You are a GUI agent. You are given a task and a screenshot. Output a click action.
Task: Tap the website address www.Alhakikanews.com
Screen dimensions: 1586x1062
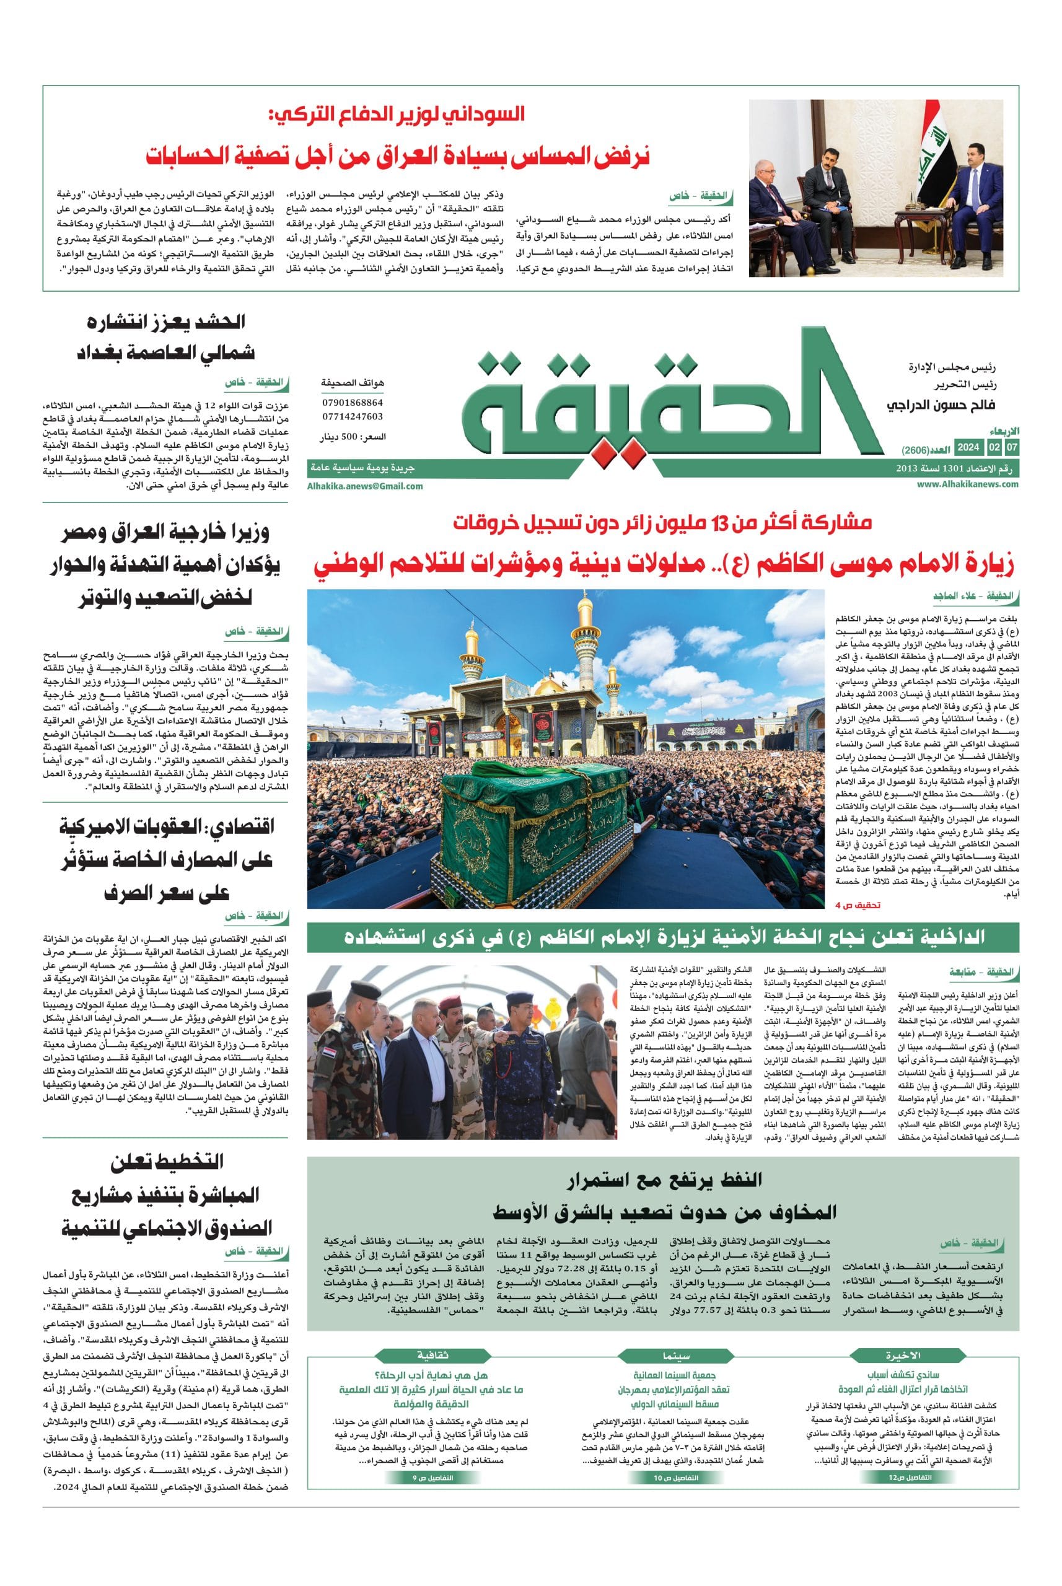[x=968, y=484]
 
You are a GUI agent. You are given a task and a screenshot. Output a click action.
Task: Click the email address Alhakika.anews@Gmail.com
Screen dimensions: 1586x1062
[x=364, y=486]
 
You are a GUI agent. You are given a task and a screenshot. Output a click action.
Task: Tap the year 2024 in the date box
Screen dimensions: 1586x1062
[x=968, y=448]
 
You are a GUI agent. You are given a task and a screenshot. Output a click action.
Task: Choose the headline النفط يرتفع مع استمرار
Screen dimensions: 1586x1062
[x=664, y=1180]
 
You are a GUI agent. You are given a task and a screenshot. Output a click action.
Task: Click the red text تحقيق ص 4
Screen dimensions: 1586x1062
[x=859, y=904]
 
